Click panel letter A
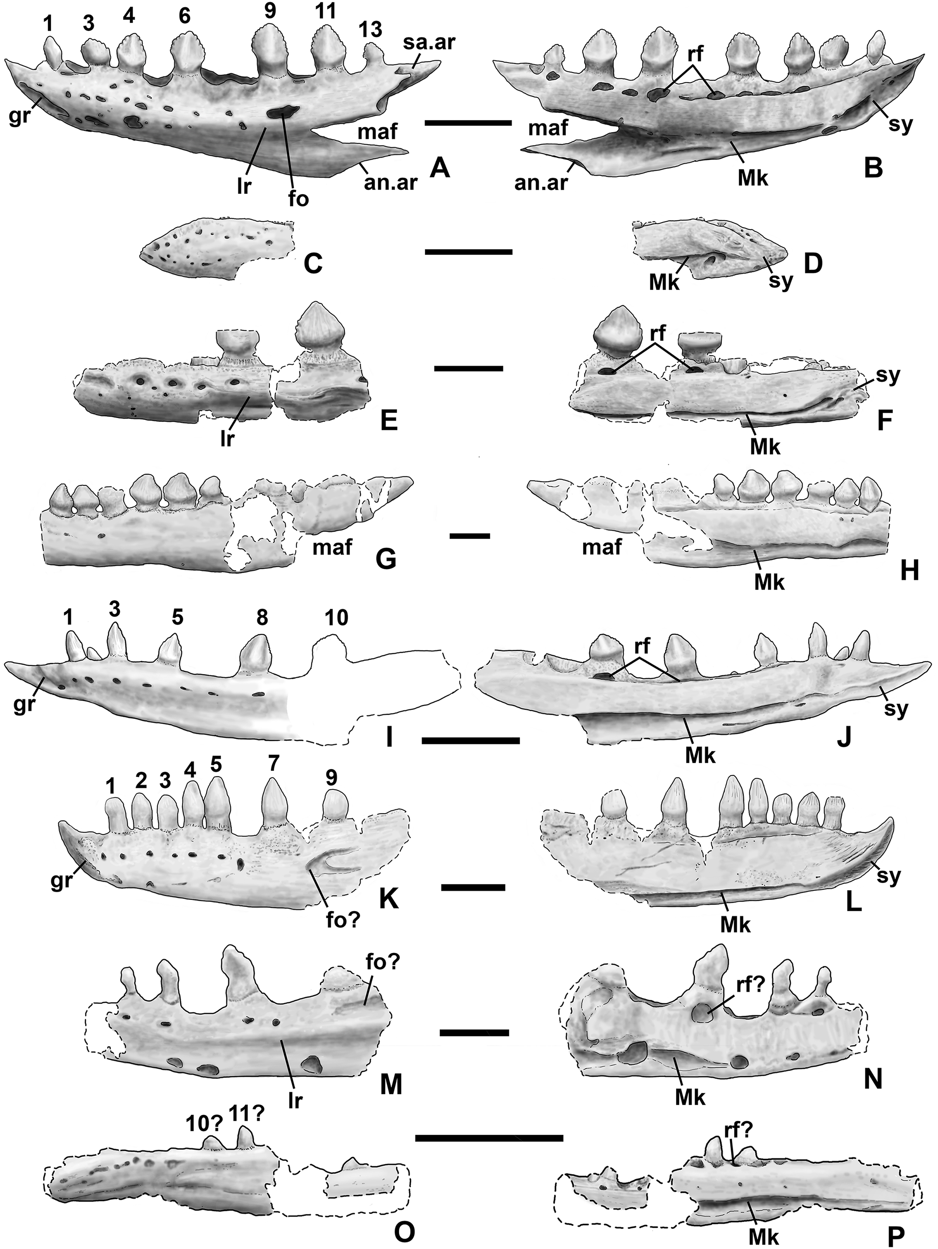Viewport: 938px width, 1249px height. coord(439,168)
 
